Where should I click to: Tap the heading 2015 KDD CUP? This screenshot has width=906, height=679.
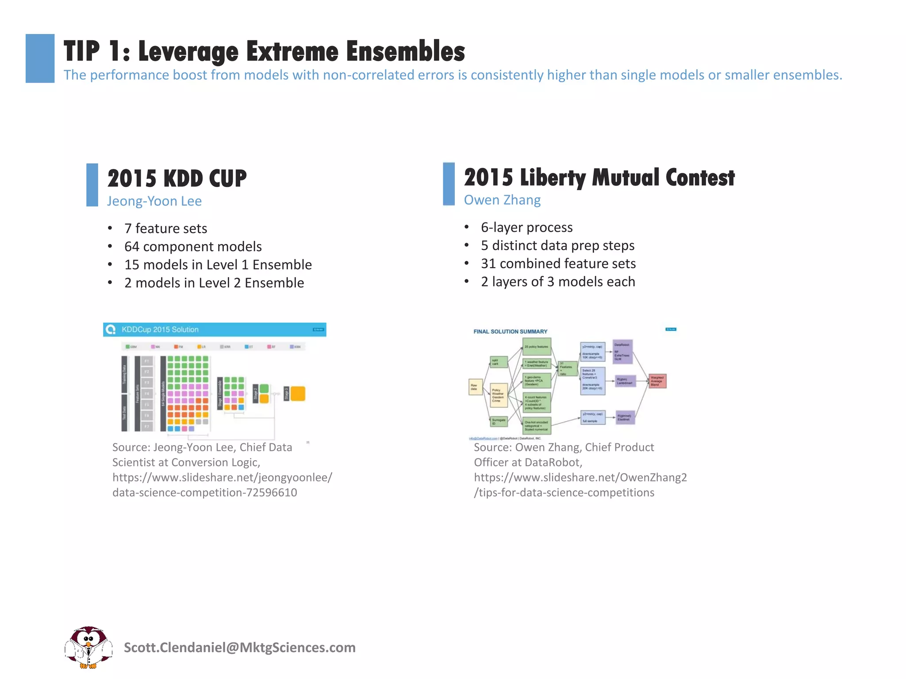point(177,179)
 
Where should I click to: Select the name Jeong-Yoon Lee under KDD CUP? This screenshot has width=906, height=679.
point(154,201)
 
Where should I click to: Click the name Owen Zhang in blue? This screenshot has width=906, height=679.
point(502,200)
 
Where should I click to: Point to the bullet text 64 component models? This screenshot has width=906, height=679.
point(193,247)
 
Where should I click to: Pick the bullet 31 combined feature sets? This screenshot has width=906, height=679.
point(558,264)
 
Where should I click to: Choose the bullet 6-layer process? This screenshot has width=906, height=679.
point(526,228)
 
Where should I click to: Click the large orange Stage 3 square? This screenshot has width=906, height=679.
point(298,393)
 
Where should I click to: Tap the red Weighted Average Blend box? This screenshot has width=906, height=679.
point(657,381)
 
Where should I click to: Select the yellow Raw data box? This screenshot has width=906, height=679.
point(475,387)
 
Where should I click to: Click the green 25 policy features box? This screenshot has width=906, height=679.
point(537,347)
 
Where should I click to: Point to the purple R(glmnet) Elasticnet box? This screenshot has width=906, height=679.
point(625,417)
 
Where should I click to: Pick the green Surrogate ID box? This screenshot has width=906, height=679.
point(499,422)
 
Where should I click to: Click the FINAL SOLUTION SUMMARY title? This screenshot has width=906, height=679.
point(510,332)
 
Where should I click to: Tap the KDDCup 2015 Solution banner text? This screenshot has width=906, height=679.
point(160,330)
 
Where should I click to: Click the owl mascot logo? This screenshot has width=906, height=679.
point(88,647)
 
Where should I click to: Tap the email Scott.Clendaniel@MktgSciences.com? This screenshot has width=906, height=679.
point(239,648)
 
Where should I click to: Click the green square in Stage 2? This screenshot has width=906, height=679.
point(264,389)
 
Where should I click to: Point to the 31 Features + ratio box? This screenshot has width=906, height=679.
point(567,369)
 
